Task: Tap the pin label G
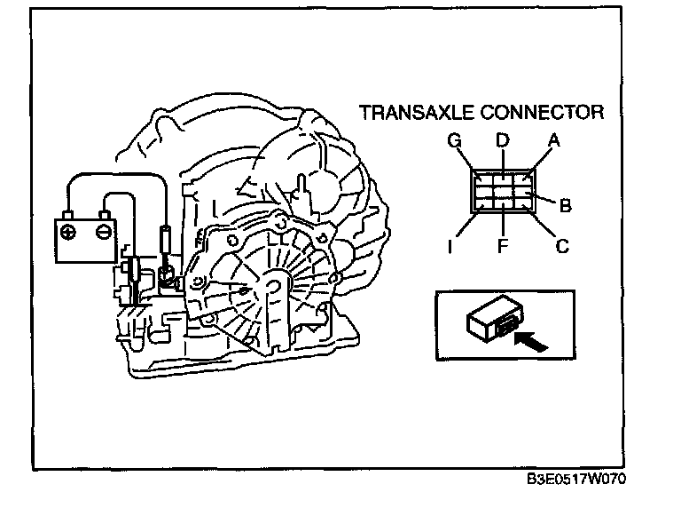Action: coord(453,139)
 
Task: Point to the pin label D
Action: coord(502,139)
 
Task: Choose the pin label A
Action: coord(554,139)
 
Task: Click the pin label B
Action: coord(565,206)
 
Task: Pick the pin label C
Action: coord(561,246)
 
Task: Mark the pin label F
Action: coord(502,246)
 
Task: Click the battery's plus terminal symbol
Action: coord(67,232)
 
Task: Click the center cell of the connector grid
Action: coord(502,188)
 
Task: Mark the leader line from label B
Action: coord(544,199)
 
